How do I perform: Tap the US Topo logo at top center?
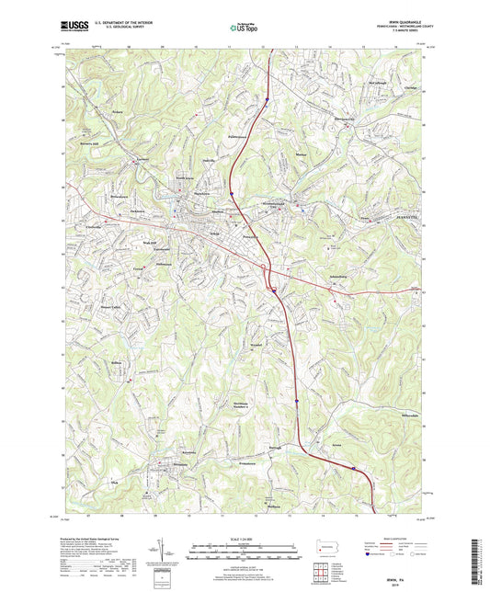click(245, 28)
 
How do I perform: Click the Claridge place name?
click(409, 88)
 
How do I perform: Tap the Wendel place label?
click(256, 346)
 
